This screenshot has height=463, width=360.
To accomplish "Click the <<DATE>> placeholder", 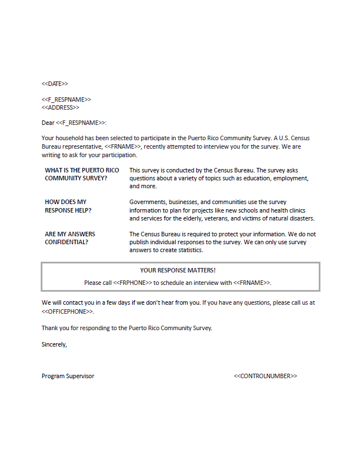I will point(55,84).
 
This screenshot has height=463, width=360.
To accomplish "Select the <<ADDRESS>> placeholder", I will point(60,107).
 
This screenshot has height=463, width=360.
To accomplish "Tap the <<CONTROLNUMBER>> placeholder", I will point(265,376).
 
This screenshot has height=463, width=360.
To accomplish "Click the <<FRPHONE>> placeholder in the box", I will point(132,282).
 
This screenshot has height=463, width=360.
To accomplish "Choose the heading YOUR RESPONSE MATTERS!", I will point(178,270).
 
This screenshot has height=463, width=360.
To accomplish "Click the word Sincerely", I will point(54,344).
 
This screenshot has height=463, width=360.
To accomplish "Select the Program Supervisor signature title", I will point(68,376).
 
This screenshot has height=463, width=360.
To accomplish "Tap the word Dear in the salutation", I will point(48,123).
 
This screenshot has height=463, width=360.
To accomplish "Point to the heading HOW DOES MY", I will point(66,202).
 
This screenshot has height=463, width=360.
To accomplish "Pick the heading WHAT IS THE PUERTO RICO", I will point(82,170).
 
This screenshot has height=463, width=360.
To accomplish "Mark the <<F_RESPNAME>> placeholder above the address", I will point(66,99).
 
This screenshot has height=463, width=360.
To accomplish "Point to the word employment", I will point(290,178).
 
